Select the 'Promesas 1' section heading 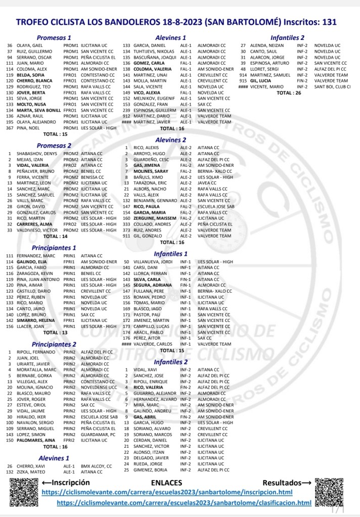pyautogui.click(x=55, y=37)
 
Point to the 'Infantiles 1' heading pyautogui.click(x=171, y=254)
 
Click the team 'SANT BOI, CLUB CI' pyautogui.click(x=333, y=87)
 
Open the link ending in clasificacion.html pyautogui.click(x=184, y=503)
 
